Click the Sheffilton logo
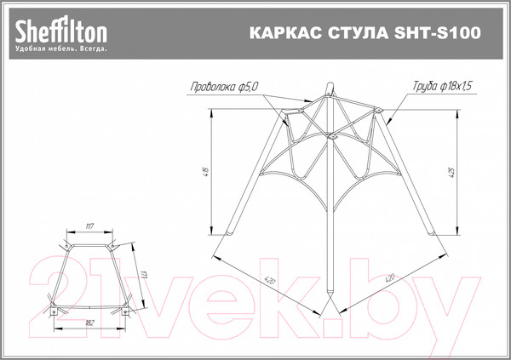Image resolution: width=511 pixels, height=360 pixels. (x=60, y=31)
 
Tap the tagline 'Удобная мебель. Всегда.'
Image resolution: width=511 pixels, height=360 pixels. (x=60, y=49)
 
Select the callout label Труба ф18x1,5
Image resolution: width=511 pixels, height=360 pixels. (x=444, y=86)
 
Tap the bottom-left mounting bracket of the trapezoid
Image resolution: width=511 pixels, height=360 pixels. (x=55, y=311)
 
